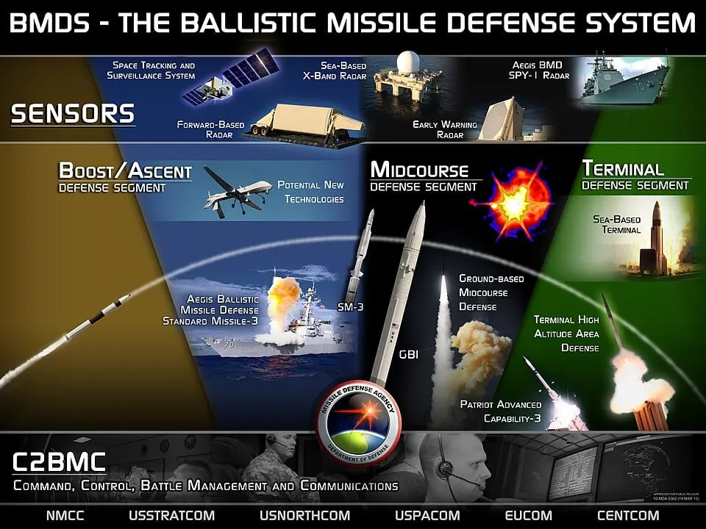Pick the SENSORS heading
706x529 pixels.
coord(73,114)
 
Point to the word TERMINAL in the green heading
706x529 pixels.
coord(622,168)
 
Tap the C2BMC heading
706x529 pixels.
coord(60,462)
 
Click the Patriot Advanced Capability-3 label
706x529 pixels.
coord(501,411)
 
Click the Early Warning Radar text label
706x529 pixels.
coord(444,129)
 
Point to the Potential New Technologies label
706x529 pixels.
coord(310,192)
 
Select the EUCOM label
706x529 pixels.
coord(527,516)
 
